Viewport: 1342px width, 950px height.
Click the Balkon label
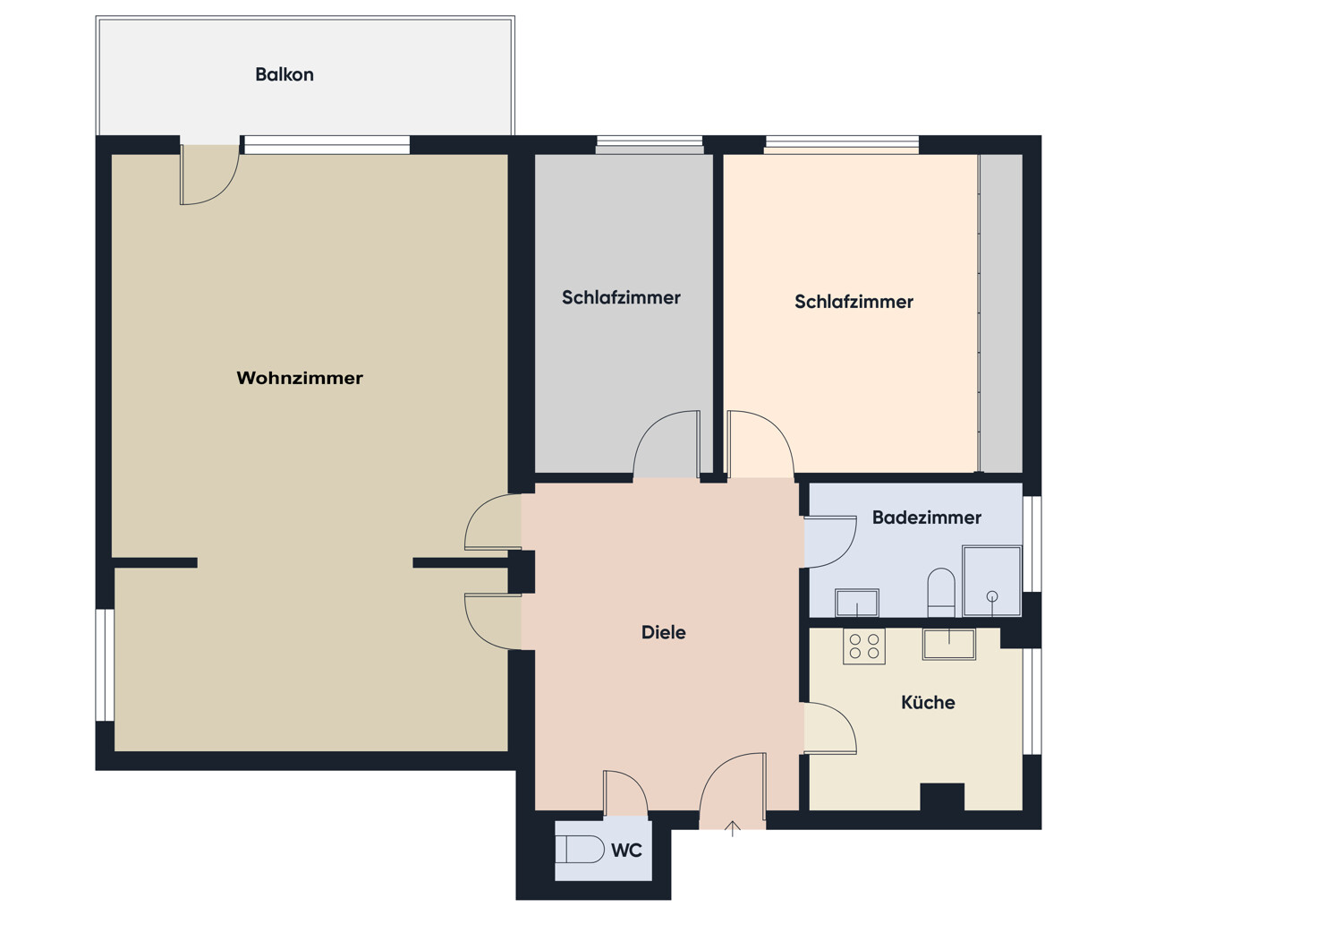284,74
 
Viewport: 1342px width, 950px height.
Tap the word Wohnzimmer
300,378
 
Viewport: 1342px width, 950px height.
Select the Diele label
663,632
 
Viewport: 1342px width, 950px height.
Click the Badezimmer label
926,518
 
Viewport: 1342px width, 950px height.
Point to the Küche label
928,702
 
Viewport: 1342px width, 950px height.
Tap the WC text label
626,850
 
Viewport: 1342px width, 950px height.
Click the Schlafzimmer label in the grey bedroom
621,297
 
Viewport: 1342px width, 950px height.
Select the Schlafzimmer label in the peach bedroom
854,302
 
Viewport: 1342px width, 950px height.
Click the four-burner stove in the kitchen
864,646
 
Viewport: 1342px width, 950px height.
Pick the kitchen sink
949,644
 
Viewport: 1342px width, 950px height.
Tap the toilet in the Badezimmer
941,592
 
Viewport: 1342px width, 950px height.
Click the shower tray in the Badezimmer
991,580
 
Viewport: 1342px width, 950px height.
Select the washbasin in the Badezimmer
857,603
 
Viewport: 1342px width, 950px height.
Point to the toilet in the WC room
580,849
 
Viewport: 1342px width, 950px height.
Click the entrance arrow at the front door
732,829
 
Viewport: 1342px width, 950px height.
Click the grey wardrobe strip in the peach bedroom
1000,313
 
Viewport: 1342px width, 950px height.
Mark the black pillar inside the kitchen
942,797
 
